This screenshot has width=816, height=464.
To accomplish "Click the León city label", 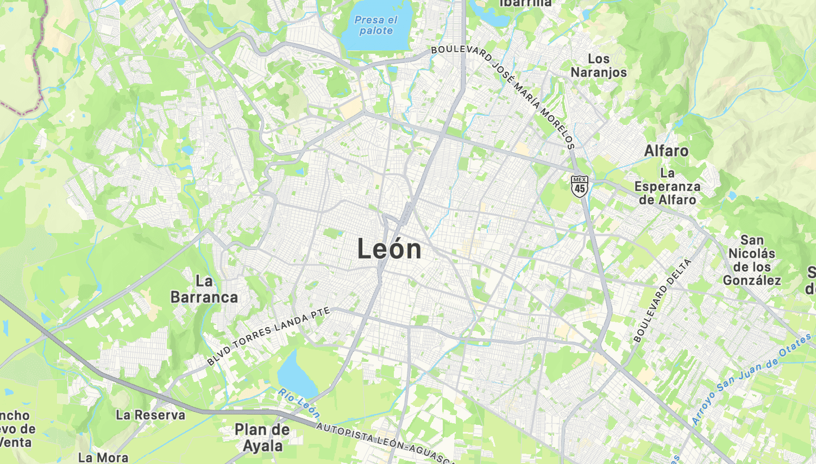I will coord(389,249).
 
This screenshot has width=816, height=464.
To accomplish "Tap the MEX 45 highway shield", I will coord(580,186).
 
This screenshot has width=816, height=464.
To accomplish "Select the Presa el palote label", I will coord(376,26).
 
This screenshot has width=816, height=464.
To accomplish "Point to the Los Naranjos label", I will coord(598,66).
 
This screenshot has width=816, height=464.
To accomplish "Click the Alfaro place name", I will coord(666,151).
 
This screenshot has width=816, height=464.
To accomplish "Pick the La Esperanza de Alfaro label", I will coord(667,186).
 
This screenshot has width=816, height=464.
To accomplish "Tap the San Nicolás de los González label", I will coord(752,260).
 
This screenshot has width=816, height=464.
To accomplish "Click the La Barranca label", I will coord(204,289).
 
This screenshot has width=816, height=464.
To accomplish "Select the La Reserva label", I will coord(150,415).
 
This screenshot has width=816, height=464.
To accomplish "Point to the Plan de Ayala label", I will coord(262,438).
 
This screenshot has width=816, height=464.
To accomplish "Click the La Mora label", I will coord(103,457).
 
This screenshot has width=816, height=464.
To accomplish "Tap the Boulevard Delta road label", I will coord(662,300).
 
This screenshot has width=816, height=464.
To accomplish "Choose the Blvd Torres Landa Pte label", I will coord(268,336).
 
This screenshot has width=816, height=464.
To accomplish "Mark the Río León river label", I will coord(299,403).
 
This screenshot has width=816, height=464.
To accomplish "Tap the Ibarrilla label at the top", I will coord(525,3).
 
